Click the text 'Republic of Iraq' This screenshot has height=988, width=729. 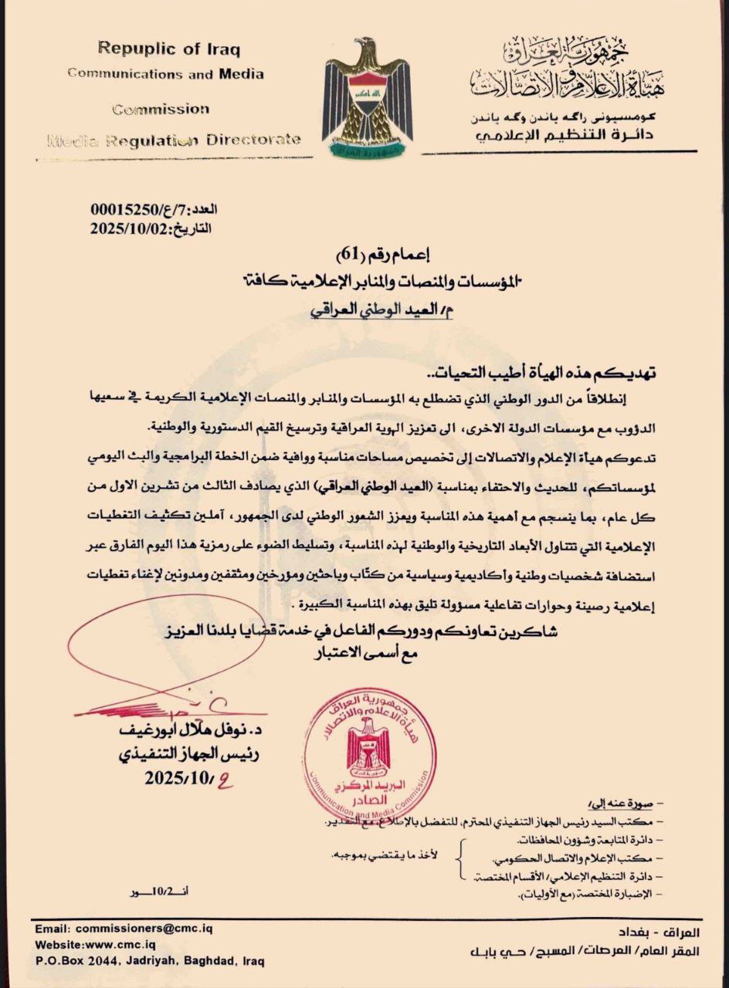point(169,49)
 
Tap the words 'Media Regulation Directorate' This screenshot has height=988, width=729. point(175,140)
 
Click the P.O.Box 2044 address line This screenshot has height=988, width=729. point(149,962)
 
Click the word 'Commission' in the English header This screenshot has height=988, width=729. point(161,110)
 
